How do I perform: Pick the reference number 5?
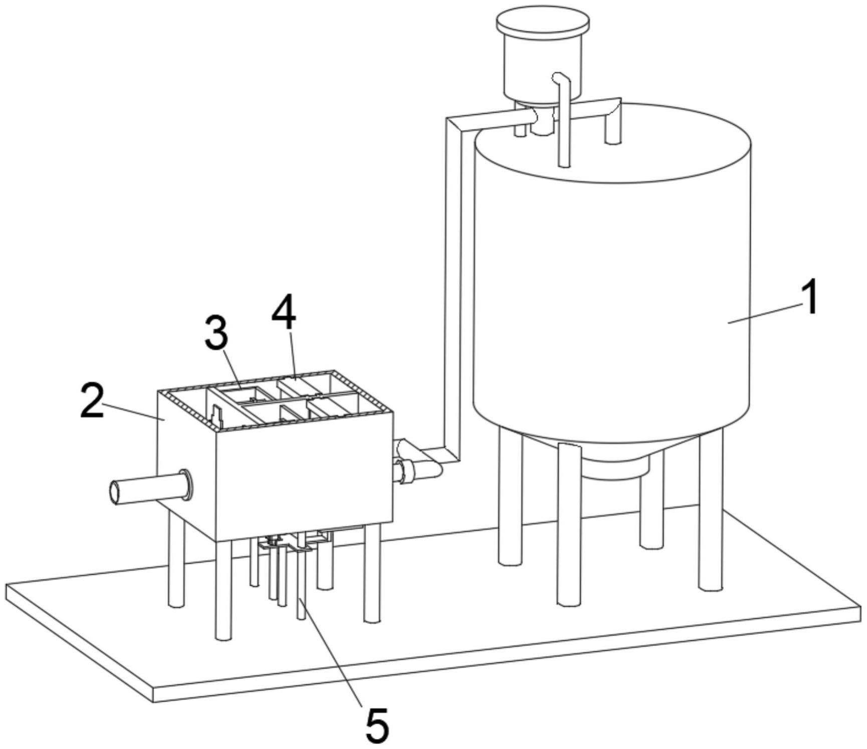(377, 724)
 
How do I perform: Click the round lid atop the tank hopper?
(542, 23)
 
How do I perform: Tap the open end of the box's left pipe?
(116, 492)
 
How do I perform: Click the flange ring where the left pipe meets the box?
(186, 484)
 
